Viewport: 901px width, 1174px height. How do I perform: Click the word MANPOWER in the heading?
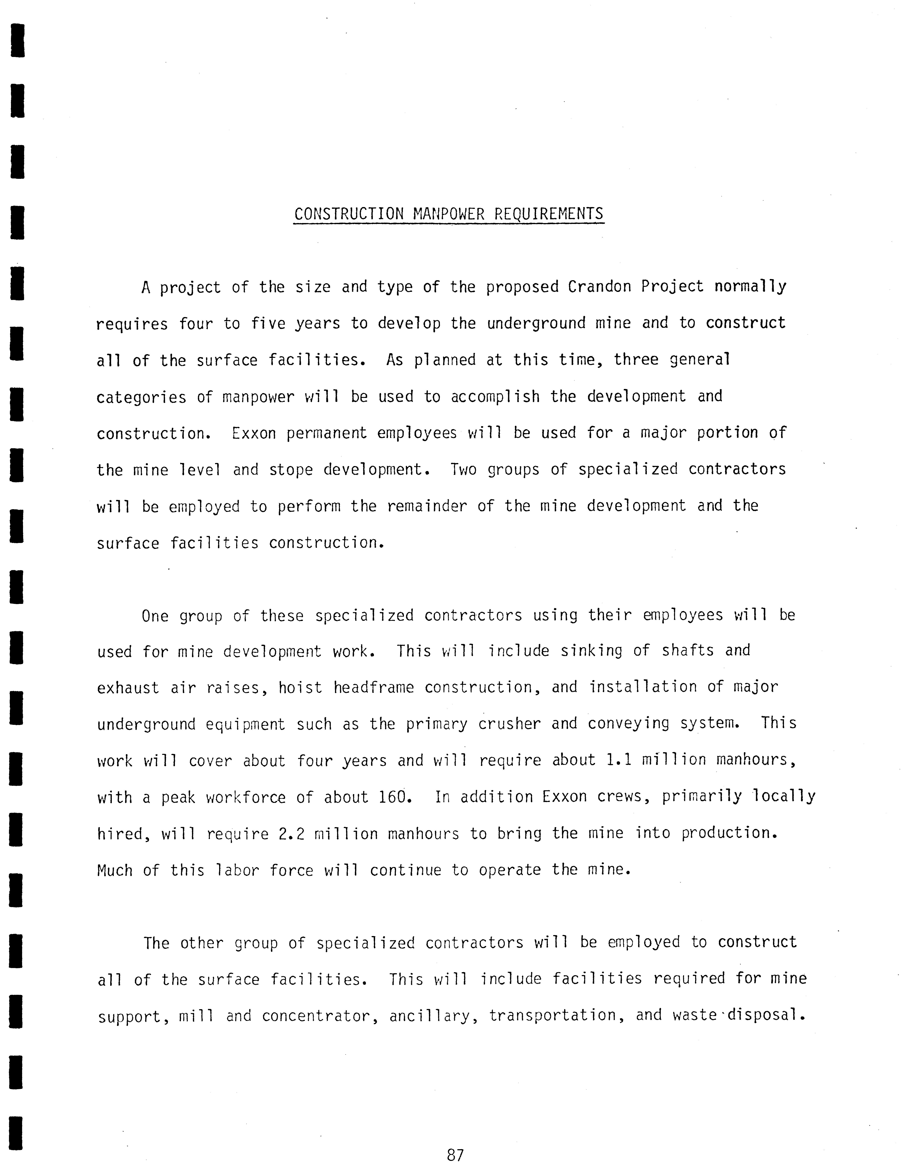[448, 214]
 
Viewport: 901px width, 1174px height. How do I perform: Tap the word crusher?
[509, 724]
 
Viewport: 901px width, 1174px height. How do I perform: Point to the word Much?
[114, 870]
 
